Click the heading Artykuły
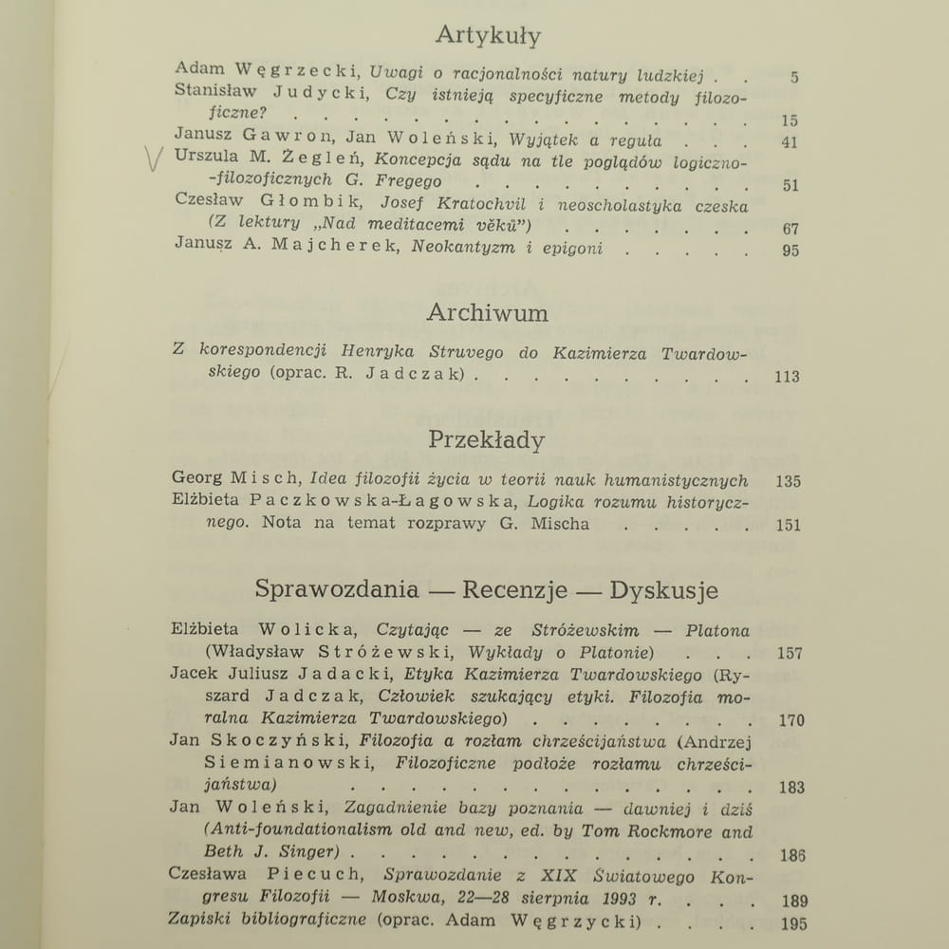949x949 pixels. [x=488, y=36]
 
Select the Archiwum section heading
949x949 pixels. [x=487, y=313]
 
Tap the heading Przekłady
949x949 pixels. [x=486, y=440]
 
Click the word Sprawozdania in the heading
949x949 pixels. [x=337, y=589]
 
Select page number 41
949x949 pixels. [x=790, y=142]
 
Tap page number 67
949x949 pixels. [x=791, y=229]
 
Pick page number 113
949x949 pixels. [x=787, y=377]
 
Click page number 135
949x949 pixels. [x=788, y=481]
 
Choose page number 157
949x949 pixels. [x=789, y=653]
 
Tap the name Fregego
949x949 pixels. [x=409, y=180]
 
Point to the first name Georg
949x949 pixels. [x=196, y=480]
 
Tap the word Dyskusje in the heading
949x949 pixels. [x=664, y=590]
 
